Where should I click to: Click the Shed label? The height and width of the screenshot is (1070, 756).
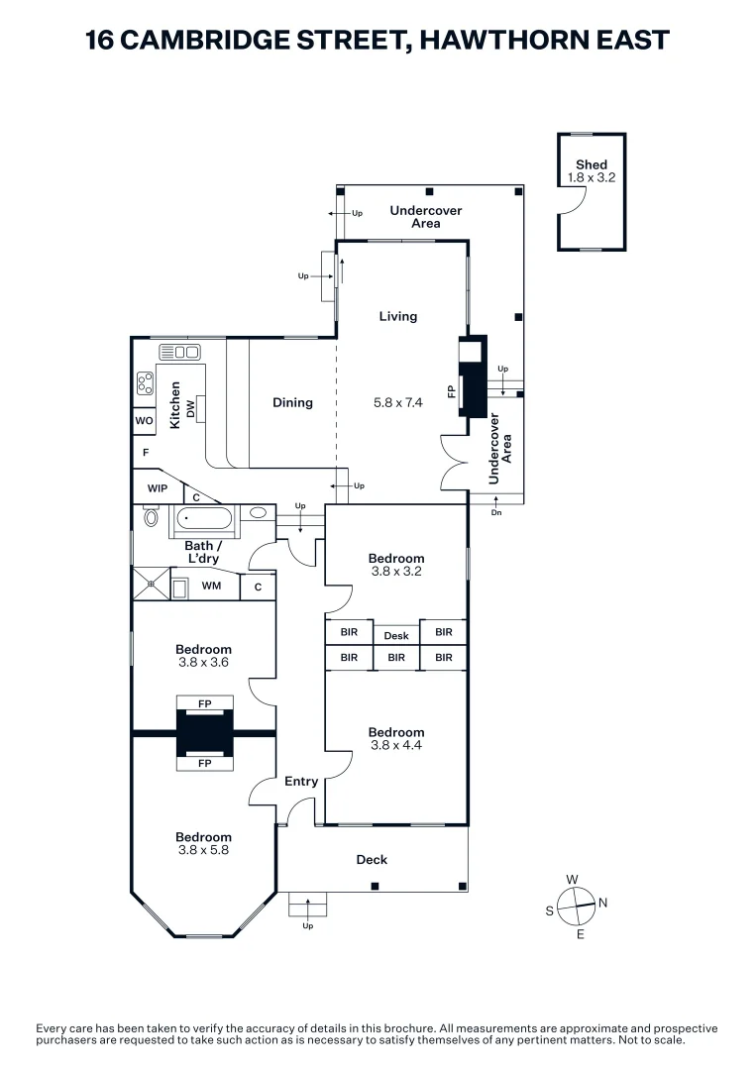tap(592, 164)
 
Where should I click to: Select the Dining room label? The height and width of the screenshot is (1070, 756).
tap(292, 402)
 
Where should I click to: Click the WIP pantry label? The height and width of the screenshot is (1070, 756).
tap(158, 488)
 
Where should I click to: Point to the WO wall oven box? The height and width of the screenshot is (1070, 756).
tap(144, 421)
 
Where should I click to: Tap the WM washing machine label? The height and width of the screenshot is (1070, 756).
tap(211, 587)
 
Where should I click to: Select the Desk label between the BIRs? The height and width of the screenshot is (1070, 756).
tap(396, 636)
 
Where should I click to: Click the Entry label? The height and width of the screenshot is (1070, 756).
tap(301, 782)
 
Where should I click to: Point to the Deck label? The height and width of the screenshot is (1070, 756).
tap(372, 860)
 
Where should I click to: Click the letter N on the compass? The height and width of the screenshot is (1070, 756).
tap(603, 903)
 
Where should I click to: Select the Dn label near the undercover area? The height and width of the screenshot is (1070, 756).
tap(495, 513)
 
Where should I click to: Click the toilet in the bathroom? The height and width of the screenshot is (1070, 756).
tap(152, 516)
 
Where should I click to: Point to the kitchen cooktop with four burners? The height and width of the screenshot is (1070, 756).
tap(145, 382)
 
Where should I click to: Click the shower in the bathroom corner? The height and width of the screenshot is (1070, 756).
tap(151, 585)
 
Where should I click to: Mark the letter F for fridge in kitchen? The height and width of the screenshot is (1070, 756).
tap(146, 453)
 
